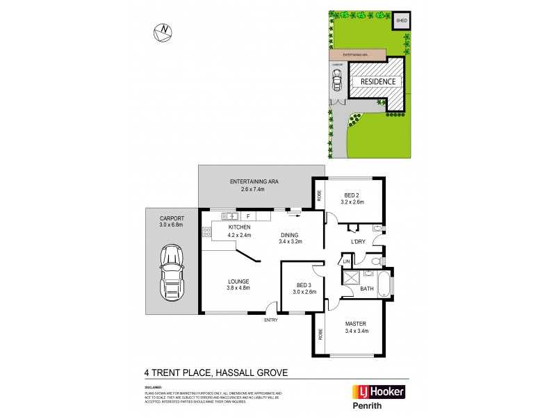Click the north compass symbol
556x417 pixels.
coord(164,31)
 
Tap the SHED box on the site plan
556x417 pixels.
coord(401,22)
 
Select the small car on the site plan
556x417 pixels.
coord(337,82)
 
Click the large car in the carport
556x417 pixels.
coord(170,273)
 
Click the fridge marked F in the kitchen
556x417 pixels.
coord(247,216)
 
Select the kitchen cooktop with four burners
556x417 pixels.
coord(206,232)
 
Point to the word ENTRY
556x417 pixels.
coord(270,320)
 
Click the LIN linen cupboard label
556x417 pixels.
coord(345,261)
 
